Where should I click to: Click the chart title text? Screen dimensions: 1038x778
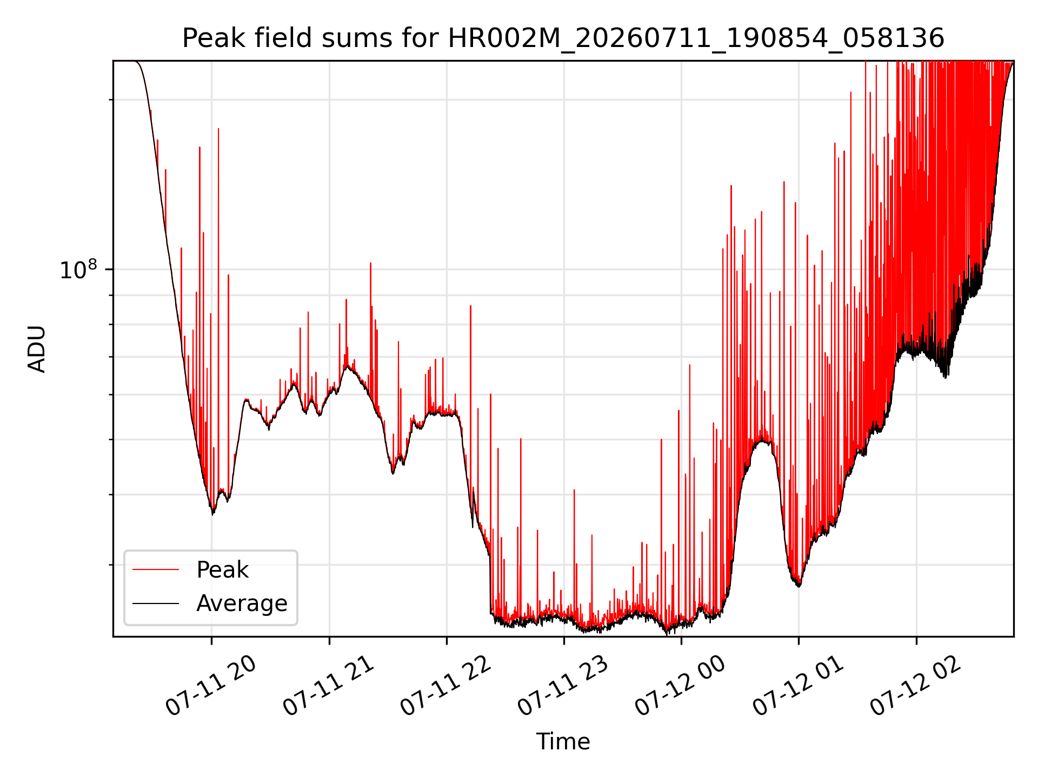(563, 38)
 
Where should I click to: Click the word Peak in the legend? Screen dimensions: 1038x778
(222, 570)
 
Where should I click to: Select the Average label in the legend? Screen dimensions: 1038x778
(242, 603)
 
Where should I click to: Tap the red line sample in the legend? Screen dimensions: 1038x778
(156, 569)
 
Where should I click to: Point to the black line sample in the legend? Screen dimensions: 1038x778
(156, 603)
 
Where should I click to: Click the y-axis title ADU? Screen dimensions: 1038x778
(37, 349)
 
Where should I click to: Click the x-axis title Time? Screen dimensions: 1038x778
(563, 742)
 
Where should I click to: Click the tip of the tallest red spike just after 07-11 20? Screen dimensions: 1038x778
(218, 129)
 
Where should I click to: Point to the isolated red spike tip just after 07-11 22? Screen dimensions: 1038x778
(471, 306)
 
